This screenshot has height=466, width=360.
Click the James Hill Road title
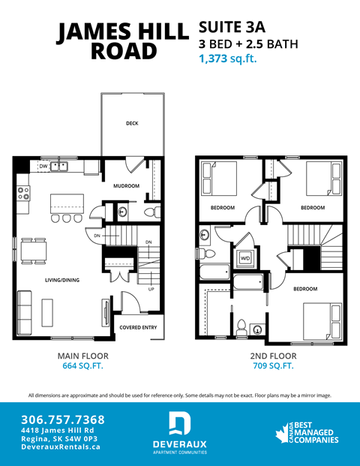click(x=123, y=41)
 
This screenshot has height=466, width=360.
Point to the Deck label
click(x=132, y=123)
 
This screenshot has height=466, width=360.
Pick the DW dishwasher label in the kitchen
click(x=43, y=166)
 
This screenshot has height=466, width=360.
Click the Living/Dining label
click(x=62, y=280)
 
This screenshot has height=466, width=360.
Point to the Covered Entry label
click(x=137, y=327)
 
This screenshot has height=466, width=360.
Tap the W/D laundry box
click(x=245, y=259)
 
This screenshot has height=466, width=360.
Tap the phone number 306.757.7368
click(x=64, y=419)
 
